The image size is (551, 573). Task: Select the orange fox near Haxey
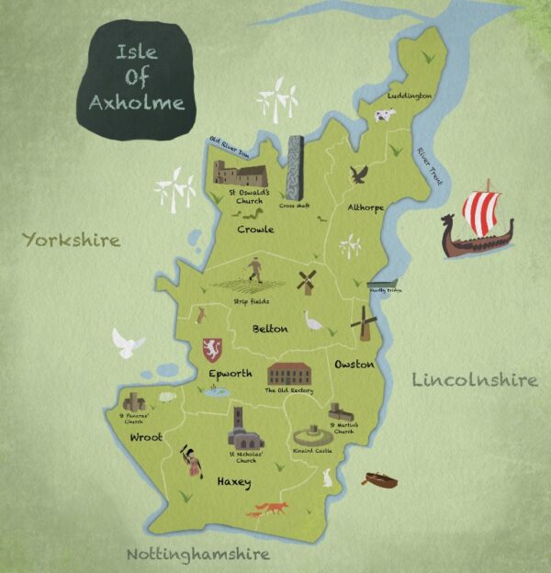click(268, 509)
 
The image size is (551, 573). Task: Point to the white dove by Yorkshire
click(128, 343)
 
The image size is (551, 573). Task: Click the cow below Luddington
click(382, 116)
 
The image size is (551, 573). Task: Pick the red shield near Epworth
click(212, 349)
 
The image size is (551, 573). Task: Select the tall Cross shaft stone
click(295, 167)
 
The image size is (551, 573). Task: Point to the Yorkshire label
click(72, 241)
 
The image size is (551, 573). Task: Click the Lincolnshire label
click(474, 379)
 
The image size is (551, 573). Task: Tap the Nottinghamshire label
click(197, 554)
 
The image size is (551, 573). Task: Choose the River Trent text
click(429, 166)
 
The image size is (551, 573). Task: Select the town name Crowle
click(255, 229)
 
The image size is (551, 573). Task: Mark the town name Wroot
click(146, 437)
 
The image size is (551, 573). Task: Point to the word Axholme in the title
click(136, 101)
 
